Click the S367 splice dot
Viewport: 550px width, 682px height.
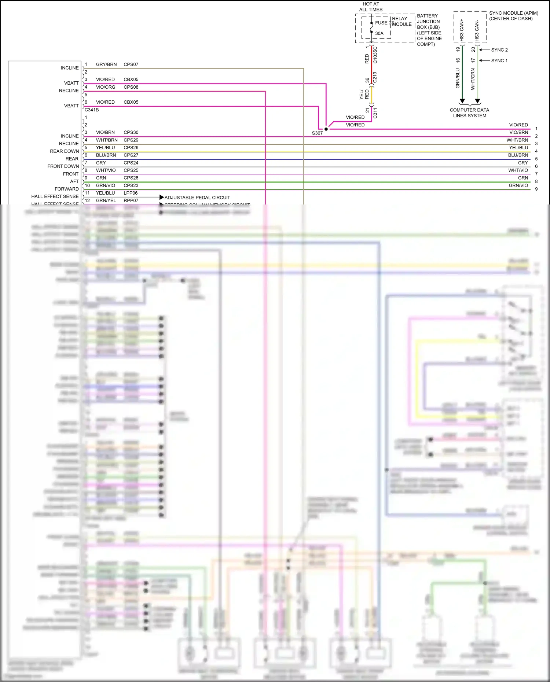pos(326,129)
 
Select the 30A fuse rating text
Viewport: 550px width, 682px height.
pos(379,33)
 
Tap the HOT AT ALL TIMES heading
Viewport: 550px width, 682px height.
pos(371,7)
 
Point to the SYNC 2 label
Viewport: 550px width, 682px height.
pos(499,50)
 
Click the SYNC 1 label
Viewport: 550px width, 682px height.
pos(499,61)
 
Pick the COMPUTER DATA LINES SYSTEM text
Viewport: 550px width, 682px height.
pos(469,113)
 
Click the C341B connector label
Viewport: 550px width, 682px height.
pos(92,110)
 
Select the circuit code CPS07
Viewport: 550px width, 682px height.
pos(131,64)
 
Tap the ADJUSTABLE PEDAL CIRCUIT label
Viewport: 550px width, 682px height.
pos(197,198)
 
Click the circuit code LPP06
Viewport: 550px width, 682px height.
pos(131,193)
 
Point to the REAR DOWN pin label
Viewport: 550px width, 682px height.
pos(65,151)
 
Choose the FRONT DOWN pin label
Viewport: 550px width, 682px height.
pos(63,166)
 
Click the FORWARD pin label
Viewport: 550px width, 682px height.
pos(67,189)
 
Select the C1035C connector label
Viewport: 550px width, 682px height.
pos(375,55)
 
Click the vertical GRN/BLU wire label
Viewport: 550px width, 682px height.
pos(458,78)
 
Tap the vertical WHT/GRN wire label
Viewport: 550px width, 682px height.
pos(473,79)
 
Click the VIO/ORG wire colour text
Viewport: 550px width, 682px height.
pos(106,87)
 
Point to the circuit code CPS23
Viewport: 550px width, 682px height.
pos(131,185)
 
